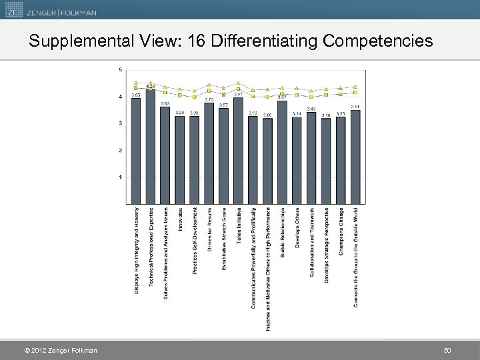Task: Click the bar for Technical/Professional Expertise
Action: click(151, 147)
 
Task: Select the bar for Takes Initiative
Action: click(239, 150)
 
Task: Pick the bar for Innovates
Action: click(180, 160)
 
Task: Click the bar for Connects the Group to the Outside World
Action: click(356, 157)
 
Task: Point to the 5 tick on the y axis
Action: click(120, 70)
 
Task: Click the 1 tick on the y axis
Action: click(120, 177)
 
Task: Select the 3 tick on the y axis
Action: click(120, 124)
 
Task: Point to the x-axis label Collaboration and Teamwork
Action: click(312, 243)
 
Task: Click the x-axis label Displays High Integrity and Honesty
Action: click(137, 250)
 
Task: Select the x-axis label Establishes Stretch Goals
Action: click(224, 239)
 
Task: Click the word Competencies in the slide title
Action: click(378, 41)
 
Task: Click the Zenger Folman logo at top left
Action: click(51, 11)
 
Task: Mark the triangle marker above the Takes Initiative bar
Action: click(239, 83)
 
